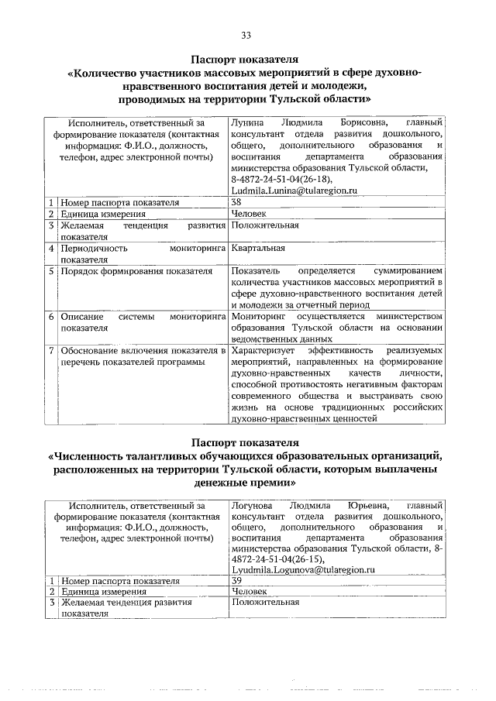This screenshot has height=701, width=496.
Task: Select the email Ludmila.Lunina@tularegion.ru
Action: tap(293, 189)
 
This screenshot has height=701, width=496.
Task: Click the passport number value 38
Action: tap(236, 202)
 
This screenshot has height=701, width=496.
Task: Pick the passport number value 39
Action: tap(236, 579)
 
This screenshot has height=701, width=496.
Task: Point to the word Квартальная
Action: tap(258, 248)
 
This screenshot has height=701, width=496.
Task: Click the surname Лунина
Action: tap(246, 122)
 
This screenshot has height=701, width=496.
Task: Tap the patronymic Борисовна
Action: tap(366, 122)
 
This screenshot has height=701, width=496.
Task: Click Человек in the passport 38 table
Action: tap(249, 214)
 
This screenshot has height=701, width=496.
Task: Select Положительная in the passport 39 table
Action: tap(265, 602)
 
